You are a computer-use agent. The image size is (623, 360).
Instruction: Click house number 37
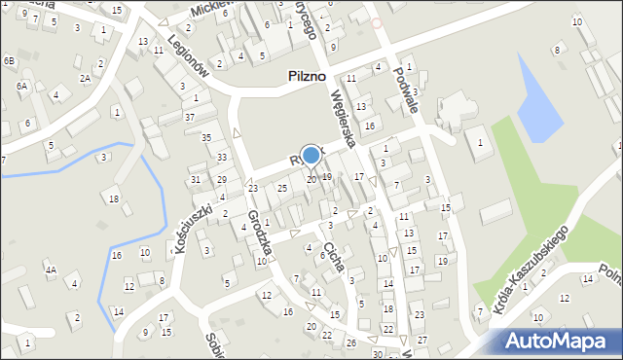[190, 118]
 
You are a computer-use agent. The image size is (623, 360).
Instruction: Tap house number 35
[205, 138]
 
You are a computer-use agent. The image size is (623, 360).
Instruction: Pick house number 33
[222, 158]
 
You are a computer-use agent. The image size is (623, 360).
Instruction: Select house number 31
[196, 179]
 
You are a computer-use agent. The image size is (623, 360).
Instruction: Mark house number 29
[222, 180]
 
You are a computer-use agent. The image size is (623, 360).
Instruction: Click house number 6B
[10, 61]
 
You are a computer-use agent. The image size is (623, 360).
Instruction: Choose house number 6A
[22, 86]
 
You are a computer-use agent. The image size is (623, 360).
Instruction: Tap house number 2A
[85, 78]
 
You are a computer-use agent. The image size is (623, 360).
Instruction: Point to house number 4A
[50, 270]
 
